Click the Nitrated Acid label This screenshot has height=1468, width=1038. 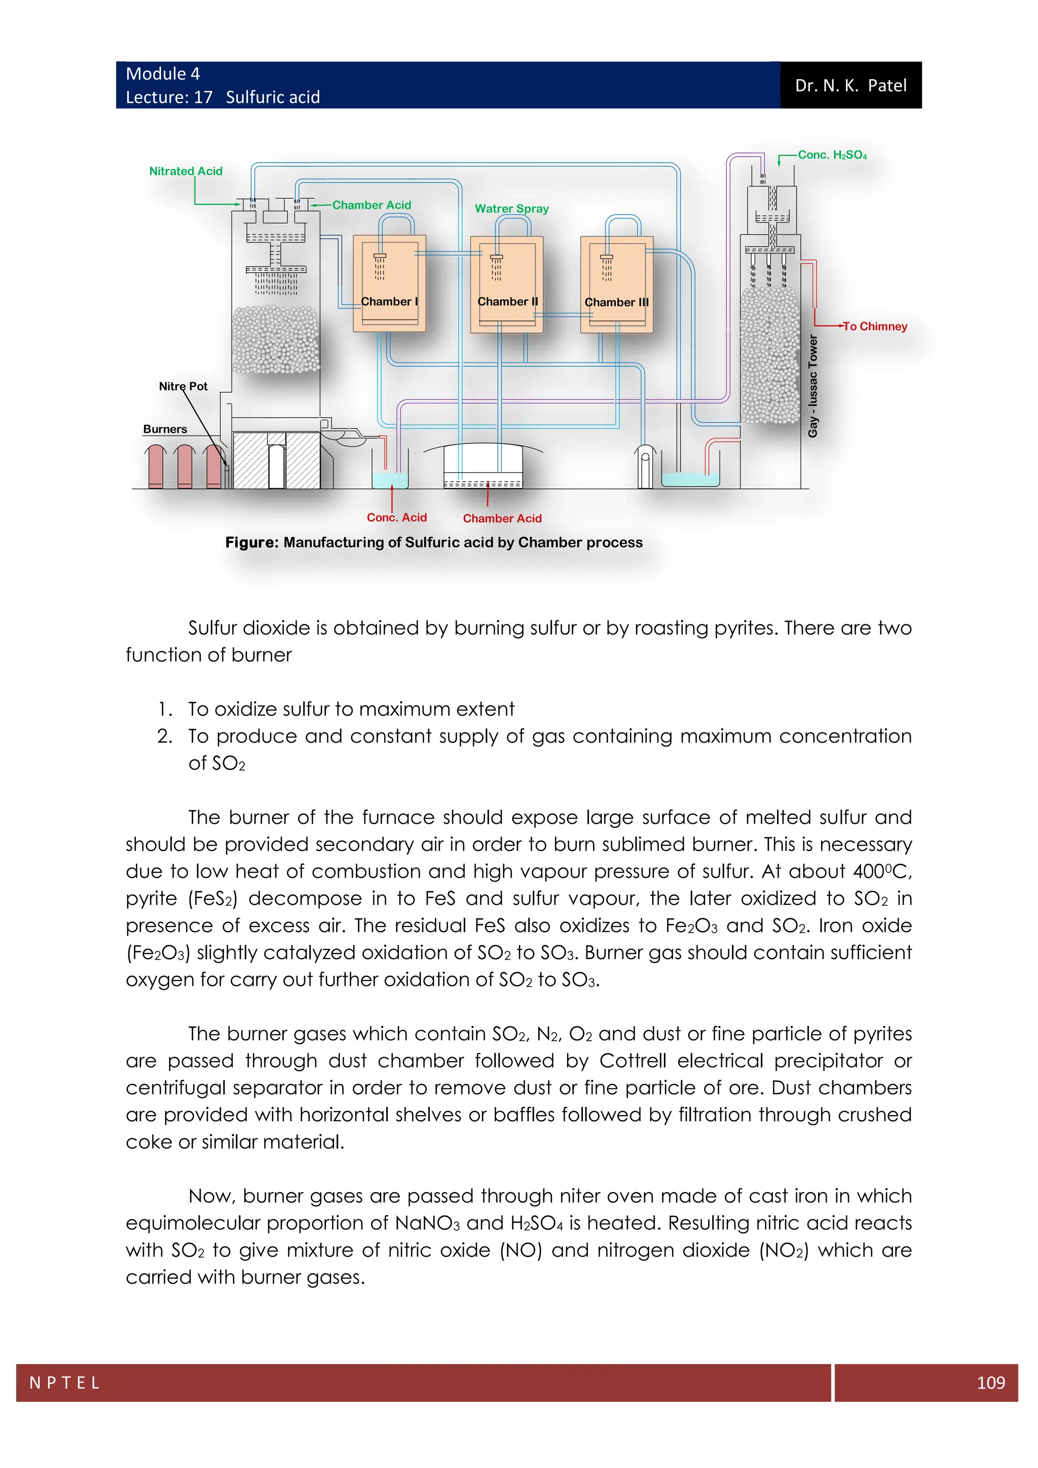point(186,171)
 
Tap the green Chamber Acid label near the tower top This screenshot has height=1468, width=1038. point(372,205)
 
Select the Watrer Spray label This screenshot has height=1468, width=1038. point(511,208)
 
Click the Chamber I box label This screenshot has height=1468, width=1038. point(389,301)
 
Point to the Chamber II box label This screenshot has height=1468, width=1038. point(507,301)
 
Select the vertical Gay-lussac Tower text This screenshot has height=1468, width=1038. point(813,386)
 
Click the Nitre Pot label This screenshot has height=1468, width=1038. point(183,386)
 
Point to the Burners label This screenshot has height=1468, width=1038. point(165,429)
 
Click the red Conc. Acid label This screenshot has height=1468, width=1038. point(396,517)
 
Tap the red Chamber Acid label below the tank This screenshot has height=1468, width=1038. point(502,519)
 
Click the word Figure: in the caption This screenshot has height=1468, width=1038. point(252,542)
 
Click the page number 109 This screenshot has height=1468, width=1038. point(991,1382)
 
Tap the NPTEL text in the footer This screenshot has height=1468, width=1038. point(64,1383)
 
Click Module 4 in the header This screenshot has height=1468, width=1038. point(162,74)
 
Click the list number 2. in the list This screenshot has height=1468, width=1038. point(164,736)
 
